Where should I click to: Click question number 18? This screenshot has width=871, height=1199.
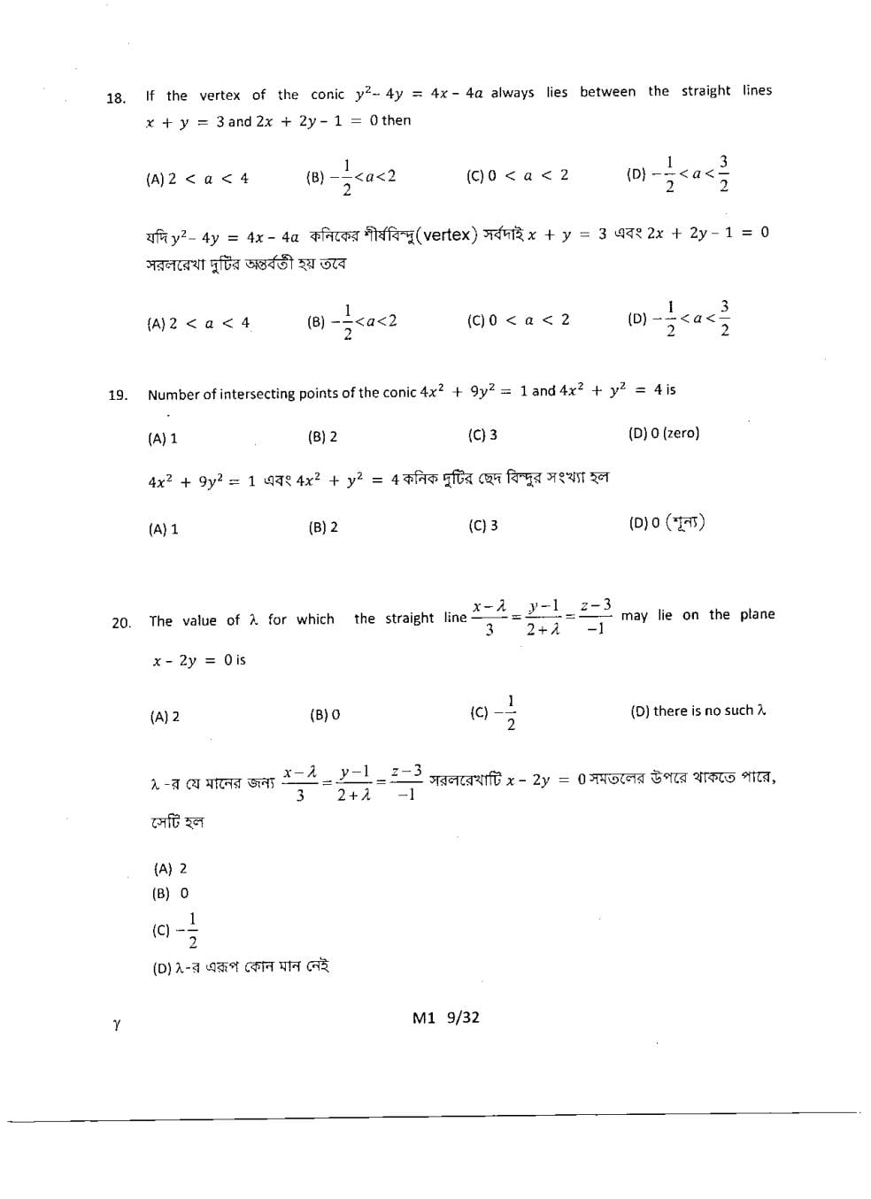point(116,98)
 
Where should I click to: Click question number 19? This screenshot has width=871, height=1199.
point(118,396)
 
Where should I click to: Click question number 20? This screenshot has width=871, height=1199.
point(121,623)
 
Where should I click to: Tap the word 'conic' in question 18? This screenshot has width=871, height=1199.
point(328,95)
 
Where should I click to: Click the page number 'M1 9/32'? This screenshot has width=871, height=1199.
point(445,1018)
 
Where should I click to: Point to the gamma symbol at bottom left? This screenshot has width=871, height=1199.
point(117,1025)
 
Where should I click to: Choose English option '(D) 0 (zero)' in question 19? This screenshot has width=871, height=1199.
point(663,434)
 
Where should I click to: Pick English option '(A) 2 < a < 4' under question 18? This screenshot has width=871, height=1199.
point(197,179)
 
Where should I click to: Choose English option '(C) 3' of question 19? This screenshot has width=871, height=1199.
point(482,435)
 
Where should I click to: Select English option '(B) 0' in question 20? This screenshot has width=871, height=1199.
point(324,715)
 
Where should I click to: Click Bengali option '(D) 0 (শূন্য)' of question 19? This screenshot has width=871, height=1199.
point(667,523)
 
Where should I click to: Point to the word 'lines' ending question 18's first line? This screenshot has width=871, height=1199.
point(757,90)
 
